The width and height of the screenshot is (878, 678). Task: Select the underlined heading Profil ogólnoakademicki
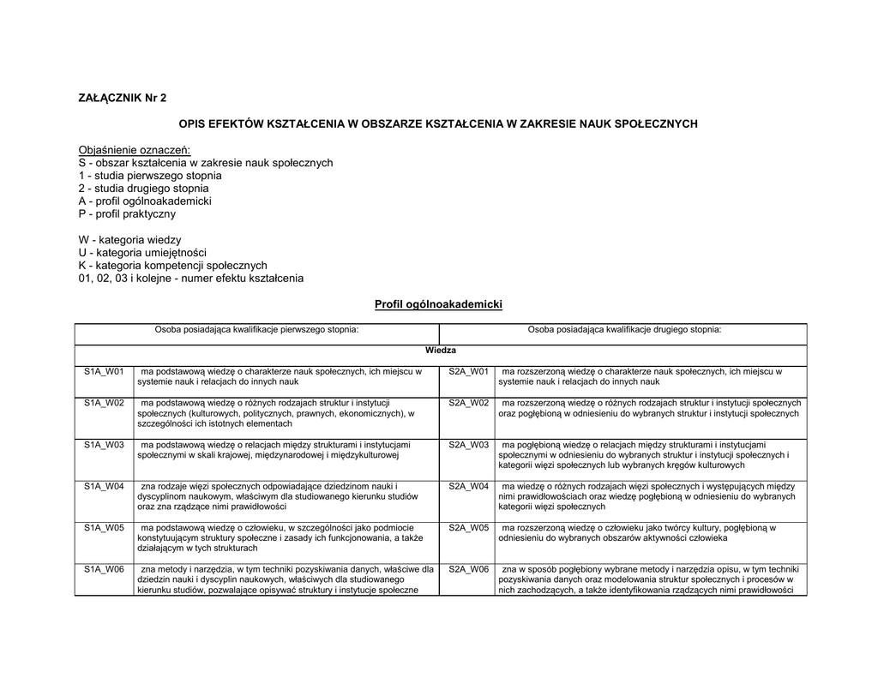click(x=438, y=304)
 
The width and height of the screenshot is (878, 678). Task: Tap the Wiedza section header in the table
click(x=441, y=351)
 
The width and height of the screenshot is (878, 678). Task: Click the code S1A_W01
click(x=104, y=372)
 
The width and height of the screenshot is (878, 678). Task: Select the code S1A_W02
click(x=104, y=403)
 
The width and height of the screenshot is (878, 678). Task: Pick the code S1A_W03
click(x=104, y=445)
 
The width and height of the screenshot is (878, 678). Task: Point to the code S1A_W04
click(x=104, y=486)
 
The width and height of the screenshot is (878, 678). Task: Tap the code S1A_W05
click(x=104, y=527)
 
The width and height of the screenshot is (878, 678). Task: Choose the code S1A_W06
click(x=104, y=568)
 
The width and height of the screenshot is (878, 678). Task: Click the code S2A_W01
click(x=468, y=372)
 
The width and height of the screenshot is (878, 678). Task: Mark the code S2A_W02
click(x=468, y=403)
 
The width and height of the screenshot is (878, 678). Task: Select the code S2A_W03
click(x=468, y=445)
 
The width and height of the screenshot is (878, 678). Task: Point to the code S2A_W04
click(x=468, y=486)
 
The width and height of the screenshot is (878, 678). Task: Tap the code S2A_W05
click(x=468, y=527)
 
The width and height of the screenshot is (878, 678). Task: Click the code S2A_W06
click(x=468, y=568)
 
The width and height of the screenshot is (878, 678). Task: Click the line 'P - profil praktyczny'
click(x=127, y=213)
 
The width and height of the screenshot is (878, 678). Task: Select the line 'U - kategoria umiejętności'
click(x=142, y=253)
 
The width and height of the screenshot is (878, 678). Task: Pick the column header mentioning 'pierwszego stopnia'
click(x=256, y=329)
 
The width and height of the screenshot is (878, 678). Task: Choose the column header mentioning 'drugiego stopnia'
click(x=624, y=329)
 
